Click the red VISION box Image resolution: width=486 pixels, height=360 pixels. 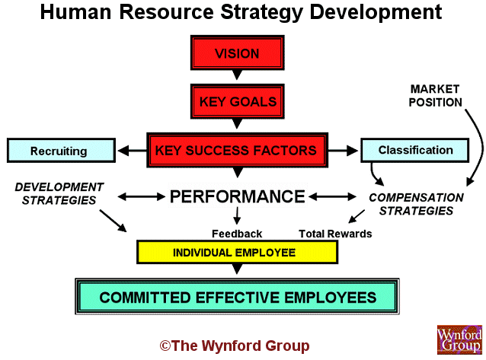pos(237,53)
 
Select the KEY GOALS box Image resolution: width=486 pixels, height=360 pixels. pos(237,101)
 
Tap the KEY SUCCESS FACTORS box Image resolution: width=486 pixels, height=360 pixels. pos(237,150)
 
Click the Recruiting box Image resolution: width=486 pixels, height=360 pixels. pos(61,151)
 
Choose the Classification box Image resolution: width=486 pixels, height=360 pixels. pos(414,150)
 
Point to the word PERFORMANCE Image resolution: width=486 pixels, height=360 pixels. pos(238,196)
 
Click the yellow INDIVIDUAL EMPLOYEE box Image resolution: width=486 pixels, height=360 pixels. pos(237,252)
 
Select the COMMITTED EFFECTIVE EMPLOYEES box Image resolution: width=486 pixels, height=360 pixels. pos(237,297)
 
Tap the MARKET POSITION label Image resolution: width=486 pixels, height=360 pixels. pos(435,96)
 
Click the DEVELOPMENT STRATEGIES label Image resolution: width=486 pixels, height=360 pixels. pos(59,193)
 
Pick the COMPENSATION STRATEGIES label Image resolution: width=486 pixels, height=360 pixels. pos(416,204)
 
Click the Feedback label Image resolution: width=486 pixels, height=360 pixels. pos(237,234)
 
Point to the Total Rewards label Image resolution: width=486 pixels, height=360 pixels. pos(335,234)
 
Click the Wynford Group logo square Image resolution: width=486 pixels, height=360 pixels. pos(459,339)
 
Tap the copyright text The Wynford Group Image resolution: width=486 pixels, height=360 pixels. pos(235,346)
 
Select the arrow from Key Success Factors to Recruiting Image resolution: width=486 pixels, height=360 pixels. pos(132,151)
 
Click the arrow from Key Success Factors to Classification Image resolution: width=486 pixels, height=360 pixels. pos(343,151)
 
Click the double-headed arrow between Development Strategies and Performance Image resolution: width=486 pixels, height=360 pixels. pos(142,196)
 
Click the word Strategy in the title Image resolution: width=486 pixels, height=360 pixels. pos(261,12)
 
